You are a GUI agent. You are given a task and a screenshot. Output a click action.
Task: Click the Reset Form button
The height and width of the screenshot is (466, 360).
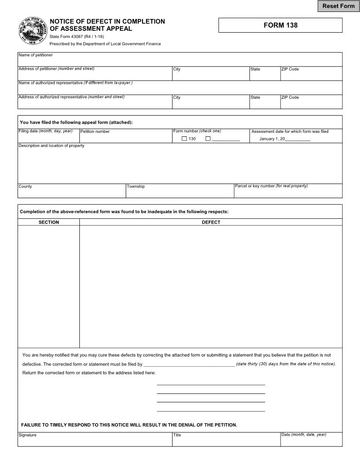click(338, 6)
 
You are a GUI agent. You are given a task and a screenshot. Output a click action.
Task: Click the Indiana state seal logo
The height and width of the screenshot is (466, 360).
click(32, 31)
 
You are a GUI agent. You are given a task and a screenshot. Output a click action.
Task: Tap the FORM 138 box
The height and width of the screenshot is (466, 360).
click(281, 25)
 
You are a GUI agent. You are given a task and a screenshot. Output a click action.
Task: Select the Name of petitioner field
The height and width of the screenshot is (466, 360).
click(180, 61)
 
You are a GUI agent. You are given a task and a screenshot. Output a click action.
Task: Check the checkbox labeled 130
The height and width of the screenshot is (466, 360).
click(184, 139)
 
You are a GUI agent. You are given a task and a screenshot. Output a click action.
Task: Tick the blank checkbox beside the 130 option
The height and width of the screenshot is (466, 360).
click(208, 139)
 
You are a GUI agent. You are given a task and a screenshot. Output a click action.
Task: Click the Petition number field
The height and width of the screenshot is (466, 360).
click(126, 138)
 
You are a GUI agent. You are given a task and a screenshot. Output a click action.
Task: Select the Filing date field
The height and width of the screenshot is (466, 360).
click(49, 138)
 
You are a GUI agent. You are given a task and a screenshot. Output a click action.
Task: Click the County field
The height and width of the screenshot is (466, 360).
click(72, 192)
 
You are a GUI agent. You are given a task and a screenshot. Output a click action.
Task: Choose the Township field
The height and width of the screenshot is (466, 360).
click(180, 192)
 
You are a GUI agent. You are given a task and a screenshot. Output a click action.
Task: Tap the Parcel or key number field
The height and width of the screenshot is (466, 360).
click(288, 192)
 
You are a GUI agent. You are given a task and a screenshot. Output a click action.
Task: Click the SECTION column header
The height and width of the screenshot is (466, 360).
click(49, 222)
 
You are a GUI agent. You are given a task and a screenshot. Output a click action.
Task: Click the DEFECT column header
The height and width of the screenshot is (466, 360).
click(211, 222)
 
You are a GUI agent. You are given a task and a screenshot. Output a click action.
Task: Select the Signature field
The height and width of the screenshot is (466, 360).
click(95, 441)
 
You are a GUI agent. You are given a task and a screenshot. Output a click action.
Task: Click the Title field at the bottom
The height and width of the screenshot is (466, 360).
click(226, 441)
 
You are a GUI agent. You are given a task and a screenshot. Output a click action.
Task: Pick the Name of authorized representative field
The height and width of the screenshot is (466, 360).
click(180, 89)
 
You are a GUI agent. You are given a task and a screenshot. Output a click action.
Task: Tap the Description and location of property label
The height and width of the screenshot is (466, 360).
click(51, 146)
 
